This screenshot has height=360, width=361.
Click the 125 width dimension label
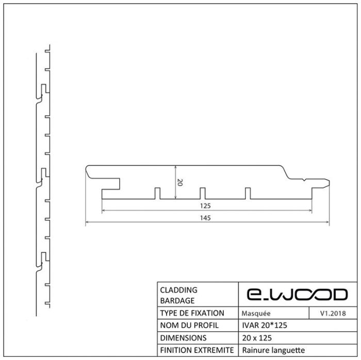point(205,205)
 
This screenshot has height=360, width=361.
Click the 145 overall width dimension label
point(205,218)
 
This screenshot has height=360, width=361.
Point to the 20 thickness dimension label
point(180,182)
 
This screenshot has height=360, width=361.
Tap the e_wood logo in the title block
point(297,295)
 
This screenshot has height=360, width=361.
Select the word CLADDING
point(178,290)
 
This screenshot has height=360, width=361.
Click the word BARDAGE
point(177,301)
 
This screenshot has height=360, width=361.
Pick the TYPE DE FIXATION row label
point(192,313)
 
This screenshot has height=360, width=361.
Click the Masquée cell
point(256,313)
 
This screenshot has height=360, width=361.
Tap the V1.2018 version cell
point(333,313)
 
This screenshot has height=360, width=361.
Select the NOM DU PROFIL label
point(189,325)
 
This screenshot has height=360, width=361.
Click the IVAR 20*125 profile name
point(265,325)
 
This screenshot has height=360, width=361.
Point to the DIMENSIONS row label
point(183,338)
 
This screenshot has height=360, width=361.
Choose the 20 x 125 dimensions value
point(257,338)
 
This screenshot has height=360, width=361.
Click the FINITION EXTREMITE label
point(197,350)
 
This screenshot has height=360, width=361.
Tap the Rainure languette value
point(273,350)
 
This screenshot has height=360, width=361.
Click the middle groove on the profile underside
point(203,193)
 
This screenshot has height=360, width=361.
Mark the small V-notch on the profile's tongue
point(304,180)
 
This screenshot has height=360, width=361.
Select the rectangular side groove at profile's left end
point(111,184)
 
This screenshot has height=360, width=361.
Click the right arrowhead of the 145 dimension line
point(327,222)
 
